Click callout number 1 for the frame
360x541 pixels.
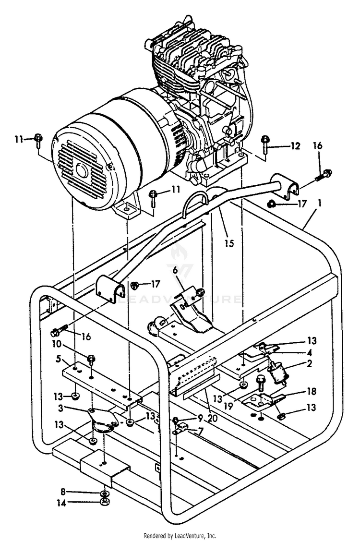coord(320,204)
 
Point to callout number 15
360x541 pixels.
coord(229,243)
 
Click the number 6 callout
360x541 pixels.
coord(175,271)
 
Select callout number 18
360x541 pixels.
coord(312,392)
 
